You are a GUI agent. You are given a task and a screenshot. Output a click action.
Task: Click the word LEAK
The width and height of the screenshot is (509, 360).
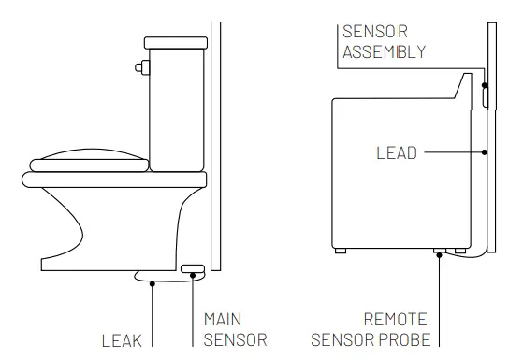coord(122,340)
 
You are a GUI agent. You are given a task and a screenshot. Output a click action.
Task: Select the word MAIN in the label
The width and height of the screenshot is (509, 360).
coord(222,320)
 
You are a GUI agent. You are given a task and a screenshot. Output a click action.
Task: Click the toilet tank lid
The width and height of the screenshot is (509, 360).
coord(174,42)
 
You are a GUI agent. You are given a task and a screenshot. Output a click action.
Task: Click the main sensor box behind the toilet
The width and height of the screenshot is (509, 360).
coord(194,269)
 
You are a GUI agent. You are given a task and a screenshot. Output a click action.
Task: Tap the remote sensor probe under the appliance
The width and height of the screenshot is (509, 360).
coord(439,251)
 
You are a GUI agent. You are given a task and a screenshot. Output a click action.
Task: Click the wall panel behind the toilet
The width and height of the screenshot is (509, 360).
coord(214,140)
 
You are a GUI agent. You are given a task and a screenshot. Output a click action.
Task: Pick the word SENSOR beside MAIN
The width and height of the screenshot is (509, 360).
coord(235,339)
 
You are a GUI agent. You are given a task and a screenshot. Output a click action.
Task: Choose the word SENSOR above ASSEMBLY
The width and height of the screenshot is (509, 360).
coord(370,31)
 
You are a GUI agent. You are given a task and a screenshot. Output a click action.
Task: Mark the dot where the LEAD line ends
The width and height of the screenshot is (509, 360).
coord(486,151)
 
